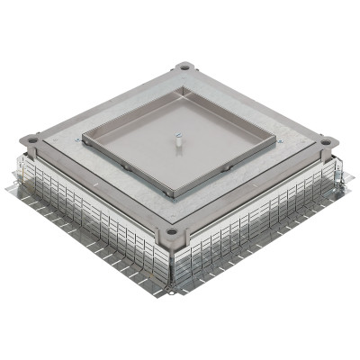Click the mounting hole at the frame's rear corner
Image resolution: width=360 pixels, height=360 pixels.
pos(184,67)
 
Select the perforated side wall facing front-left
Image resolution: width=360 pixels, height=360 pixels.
pos(90,225)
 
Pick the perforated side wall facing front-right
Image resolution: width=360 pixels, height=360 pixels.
pos(261,229)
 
